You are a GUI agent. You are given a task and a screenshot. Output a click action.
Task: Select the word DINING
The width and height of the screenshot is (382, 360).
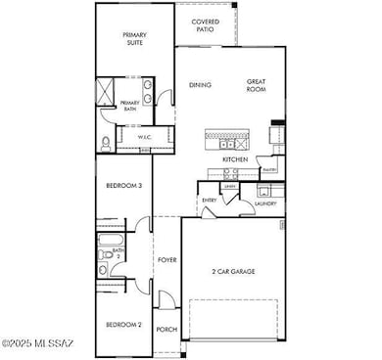point(201,85)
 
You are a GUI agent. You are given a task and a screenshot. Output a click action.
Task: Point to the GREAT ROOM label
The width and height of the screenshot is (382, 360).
point(257,85)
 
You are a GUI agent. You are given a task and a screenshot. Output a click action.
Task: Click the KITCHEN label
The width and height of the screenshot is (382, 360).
point(235,158)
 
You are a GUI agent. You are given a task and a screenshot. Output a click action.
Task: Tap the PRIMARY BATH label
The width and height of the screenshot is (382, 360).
point(129,107)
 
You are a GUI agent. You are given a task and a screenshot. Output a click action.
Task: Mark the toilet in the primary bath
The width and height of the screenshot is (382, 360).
point(106,144)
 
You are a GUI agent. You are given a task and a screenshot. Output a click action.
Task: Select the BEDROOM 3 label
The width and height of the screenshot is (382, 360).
point(125,185)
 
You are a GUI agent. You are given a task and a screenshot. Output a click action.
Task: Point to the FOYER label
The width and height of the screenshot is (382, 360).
point(167,260)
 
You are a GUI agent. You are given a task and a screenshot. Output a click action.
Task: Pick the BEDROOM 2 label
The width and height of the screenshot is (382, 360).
point(125,324)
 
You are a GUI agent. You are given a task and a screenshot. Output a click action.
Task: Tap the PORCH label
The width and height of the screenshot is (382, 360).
point(167,330)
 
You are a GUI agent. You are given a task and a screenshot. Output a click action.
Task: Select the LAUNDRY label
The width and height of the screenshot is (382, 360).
point(265,203)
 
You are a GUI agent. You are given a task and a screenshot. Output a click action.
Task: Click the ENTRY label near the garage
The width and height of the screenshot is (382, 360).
point(209,201)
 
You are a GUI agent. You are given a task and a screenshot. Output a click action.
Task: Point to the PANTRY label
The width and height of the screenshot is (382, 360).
point(268,168)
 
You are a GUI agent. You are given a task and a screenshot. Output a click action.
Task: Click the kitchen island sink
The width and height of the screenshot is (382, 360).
point(227,142)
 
